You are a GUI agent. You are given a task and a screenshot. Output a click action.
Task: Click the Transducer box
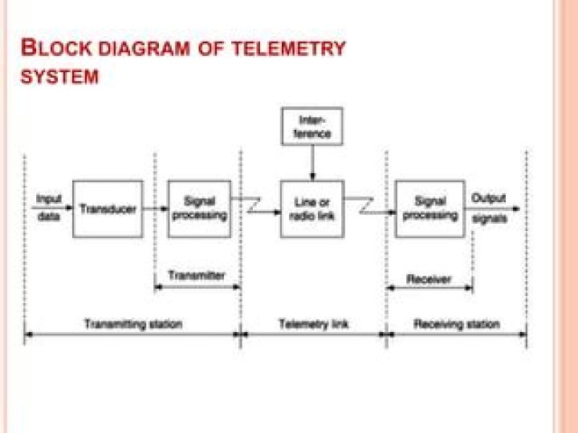(x=108, y=208)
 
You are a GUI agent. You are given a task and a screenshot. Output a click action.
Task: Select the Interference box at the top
(x=312, y=127)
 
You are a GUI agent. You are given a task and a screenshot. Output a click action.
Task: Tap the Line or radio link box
(x=312, y=208)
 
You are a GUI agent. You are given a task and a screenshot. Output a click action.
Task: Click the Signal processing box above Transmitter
(x=199, y=208)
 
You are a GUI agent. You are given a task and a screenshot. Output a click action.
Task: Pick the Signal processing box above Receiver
(x=430, y=208)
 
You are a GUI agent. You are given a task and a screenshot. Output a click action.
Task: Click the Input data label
(x=49, y=207)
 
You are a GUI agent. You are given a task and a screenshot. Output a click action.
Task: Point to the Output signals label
(x=489, y=208)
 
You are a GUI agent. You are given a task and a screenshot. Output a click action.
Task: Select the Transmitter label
(x=197, y=275)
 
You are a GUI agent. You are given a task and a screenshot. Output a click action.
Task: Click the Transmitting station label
(x=133, y=324)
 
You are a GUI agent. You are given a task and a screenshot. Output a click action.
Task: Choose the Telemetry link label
(x=313, y=324)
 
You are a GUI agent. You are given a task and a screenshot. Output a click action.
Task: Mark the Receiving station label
(x=456, y=324)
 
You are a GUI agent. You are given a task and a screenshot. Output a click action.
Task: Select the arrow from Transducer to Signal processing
(x=156, y=209)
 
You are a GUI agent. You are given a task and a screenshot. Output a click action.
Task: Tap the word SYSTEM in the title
(x=60, y=78)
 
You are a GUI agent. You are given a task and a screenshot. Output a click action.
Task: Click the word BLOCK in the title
(x=51, y=47)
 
